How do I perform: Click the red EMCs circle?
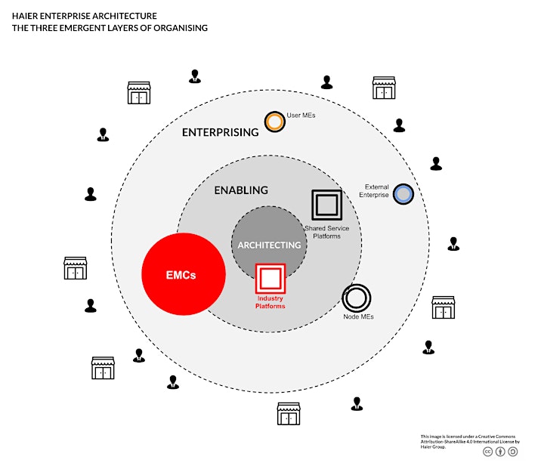pos(184,274)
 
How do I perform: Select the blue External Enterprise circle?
pos(403,194)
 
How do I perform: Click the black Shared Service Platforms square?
pos(327,190)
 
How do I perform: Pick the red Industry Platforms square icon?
pos(270,264)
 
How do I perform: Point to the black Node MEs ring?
pos(357,285)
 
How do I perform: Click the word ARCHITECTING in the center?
pos(269,245)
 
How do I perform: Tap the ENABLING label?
pos(241,190)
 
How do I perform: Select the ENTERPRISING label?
pos(221,132)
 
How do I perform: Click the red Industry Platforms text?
pos(270,302)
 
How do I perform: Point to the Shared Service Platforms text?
pos(327,233)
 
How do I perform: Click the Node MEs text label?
pos(358,316)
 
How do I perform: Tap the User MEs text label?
pos(301,116)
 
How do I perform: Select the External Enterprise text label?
pos(374,191)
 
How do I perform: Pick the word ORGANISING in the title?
pos(181,28)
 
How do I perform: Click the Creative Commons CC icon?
pos(488,452)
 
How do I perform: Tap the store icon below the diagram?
pos(289,414)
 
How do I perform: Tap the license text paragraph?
pos(470,441)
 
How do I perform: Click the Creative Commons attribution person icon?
pos(500,452)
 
